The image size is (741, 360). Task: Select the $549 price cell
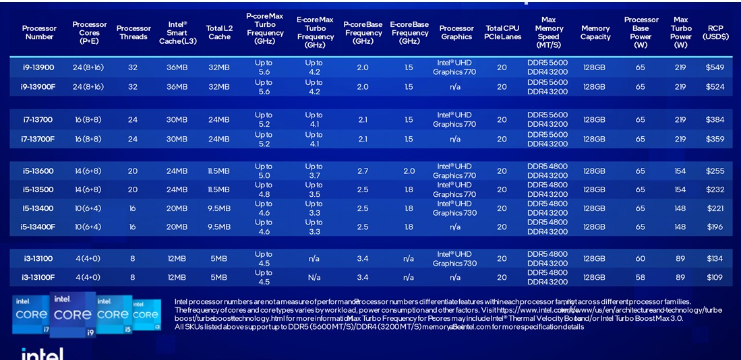point(715,67)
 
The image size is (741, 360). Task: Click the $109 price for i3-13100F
point(715,277)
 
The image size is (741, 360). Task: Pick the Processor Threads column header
point(134,32)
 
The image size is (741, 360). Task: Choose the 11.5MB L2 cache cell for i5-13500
point(218,189)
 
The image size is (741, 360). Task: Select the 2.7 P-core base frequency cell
point(363,171)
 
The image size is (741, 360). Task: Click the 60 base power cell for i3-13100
point(640,258)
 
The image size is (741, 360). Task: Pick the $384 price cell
point(715,119)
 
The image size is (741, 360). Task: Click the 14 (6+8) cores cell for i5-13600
point(89,171)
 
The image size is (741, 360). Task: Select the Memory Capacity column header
point(595,32)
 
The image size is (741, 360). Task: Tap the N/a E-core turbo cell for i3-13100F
point(314,277)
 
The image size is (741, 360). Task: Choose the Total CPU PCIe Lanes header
point(503,32)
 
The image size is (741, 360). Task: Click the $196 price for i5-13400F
point(715,227)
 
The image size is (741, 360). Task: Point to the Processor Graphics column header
point(456,32)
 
